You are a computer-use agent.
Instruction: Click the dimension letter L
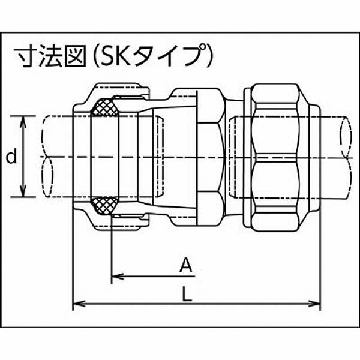187,295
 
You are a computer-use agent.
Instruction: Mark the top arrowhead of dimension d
23,120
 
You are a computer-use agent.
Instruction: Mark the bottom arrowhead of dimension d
23,193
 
